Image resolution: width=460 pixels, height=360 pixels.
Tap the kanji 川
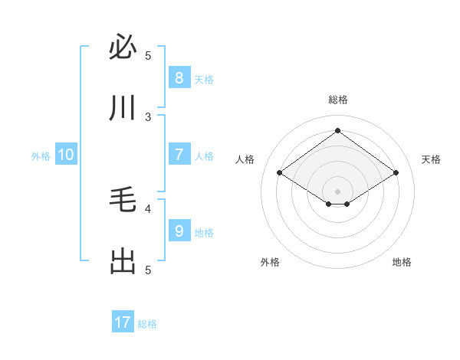point(123,108)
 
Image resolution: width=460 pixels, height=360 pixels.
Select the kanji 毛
point(123,201)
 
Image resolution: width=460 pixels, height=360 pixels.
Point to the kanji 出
point(123,262)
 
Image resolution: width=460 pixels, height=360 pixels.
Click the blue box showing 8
point(179,77)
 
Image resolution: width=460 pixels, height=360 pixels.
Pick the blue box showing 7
point(179,154)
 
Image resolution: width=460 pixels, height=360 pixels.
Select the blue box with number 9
point(179,231)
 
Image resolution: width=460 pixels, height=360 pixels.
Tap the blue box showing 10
point(66,155)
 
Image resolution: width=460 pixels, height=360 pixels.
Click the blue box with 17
point(123,322)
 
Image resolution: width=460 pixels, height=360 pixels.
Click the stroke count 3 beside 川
point(148,116)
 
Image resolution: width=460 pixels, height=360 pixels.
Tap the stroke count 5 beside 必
point(148,55)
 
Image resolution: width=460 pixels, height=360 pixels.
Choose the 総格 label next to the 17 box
point(147,324)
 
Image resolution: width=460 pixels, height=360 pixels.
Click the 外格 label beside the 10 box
point(41,155)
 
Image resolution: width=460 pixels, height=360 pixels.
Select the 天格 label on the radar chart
point(431,159)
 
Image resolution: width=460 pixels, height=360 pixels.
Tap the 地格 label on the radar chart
point(402,262)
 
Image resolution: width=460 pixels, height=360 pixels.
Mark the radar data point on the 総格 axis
point(337,130)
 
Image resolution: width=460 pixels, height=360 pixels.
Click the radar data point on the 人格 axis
point(280,173)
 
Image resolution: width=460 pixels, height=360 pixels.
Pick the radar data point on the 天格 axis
point(396,173)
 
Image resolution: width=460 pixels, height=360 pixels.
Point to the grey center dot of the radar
point(337,191)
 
